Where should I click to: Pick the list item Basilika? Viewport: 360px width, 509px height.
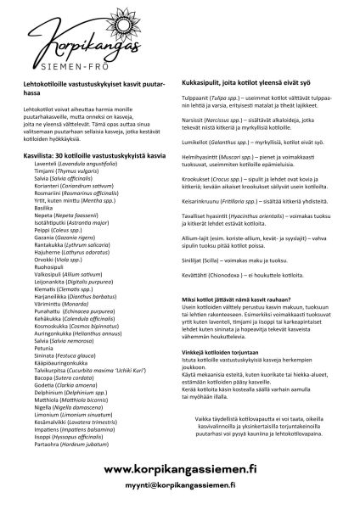[x=44, y=207]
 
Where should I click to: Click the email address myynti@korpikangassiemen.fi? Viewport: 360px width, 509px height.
[x=180, y=486]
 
